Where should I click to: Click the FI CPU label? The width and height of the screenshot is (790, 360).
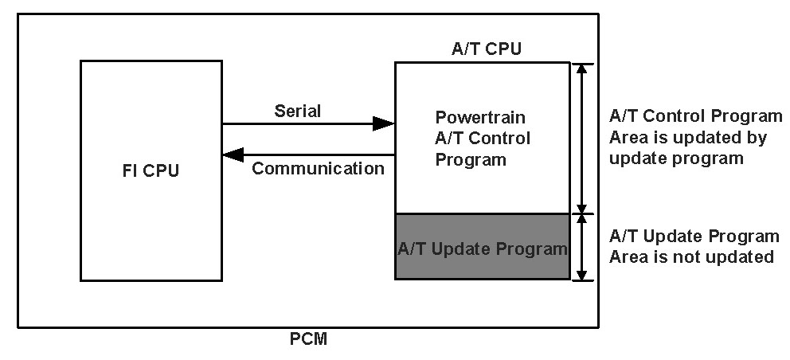click(151, 170)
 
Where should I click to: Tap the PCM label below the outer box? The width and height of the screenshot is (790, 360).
click(308, 340)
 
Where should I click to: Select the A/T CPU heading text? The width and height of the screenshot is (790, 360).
click(486, 49)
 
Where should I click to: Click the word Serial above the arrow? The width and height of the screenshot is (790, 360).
click(297, 111)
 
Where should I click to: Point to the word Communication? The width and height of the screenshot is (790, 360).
click(318, 168)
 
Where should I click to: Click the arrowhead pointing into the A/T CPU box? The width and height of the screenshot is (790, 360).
click(385, 123)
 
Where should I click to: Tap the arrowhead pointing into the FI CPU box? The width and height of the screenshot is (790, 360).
click(233, 155)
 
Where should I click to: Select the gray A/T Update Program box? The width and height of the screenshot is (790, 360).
click(483, 247)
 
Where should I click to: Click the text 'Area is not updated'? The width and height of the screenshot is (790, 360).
click(691, 256)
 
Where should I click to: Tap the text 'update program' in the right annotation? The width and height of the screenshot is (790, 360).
click(676, 158)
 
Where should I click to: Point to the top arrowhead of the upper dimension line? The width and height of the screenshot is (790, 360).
click(584, 69)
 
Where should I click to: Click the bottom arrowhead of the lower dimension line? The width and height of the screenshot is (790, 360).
click(584, 274)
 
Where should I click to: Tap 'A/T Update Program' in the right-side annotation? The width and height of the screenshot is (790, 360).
click(694, 236)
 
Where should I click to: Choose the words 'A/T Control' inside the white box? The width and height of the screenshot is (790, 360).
click(483, 138)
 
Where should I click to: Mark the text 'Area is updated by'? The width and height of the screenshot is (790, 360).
click(687, 137)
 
